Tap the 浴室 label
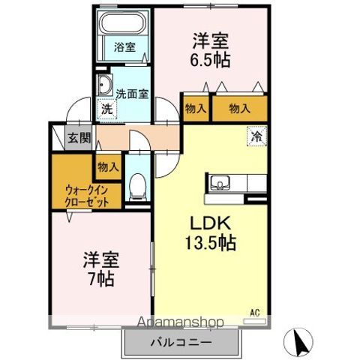(124, 47)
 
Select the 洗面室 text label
(133, 94)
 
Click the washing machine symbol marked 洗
(108, 108)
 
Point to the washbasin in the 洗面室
(104, 84)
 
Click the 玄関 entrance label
(79, 137)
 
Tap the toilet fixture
(137, 187)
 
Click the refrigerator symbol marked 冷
(256, 137)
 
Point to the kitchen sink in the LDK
(220, 183)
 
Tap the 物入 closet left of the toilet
(108, 166)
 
